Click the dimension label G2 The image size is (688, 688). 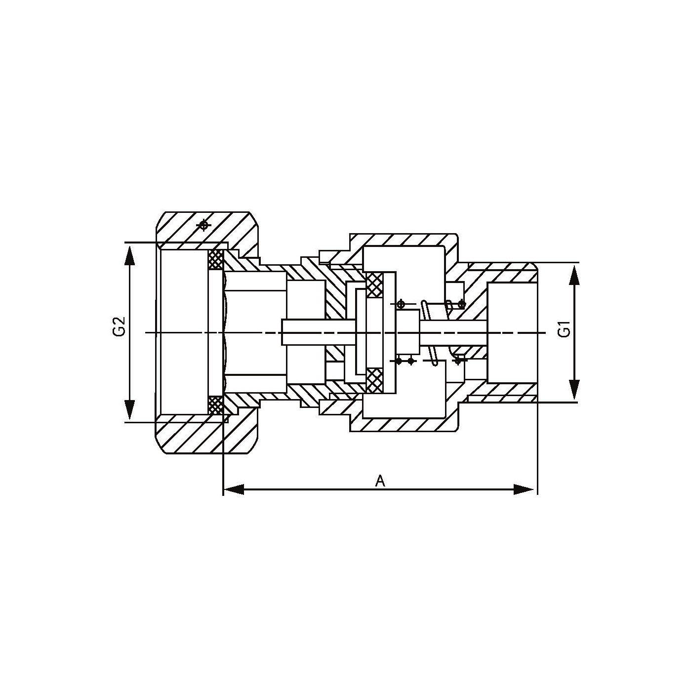point(119,327)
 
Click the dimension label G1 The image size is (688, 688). point(564,329)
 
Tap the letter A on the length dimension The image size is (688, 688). point(380,481)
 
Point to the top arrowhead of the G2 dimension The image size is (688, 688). point(129,254)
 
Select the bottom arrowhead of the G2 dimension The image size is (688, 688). point(129,410)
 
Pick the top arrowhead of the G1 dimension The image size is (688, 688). point(574,275)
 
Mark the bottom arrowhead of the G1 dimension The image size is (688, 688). point(574,390)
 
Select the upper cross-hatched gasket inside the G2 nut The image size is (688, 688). point(215,260)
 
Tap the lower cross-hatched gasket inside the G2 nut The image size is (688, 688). point(215,405)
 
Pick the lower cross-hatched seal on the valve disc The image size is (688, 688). point(375,381)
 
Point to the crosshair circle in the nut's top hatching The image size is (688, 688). point(203,225)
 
